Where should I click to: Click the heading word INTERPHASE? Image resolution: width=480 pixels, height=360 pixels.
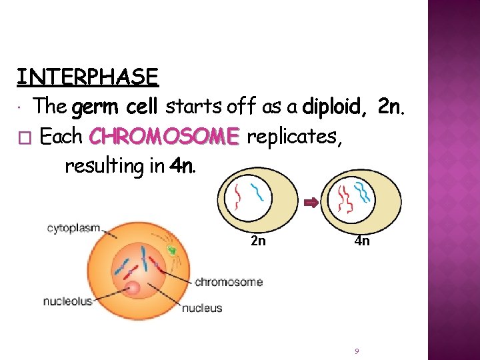click(x=87, y=77)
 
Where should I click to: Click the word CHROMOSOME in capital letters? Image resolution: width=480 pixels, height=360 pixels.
click(x=163, y=137)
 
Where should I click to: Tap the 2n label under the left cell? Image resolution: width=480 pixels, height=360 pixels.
click(x=258, y=241)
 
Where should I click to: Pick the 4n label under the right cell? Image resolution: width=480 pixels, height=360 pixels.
click(x=362, y=241)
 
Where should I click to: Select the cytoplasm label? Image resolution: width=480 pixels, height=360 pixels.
click(x=73, y=228)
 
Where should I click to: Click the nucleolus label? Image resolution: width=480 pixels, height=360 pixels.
click(x=68, y=301)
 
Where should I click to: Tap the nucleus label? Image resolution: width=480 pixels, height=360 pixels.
click(x=202, y=308)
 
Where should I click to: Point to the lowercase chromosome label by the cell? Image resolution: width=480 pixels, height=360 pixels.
click(x=229, y=282)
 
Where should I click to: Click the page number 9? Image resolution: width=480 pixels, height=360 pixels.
click(x=357, y=351)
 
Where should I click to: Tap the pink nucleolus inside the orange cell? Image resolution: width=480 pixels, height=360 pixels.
click(x=132, y=288)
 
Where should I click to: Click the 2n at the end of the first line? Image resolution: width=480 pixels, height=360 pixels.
click(x=391, y=106)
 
